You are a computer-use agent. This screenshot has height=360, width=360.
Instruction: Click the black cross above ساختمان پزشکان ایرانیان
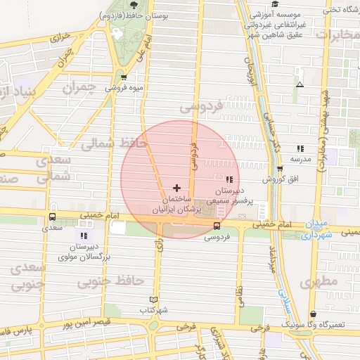click(176, 188)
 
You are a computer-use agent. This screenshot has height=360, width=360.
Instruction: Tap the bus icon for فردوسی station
click(216, 226)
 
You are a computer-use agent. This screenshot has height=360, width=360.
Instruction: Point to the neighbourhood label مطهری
click(319, 281)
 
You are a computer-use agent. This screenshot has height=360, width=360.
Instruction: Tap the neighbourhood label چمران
click(77, 88)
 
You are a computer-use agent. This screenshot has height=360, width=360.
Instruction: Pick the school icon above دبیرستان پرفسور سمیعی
click(226, 179)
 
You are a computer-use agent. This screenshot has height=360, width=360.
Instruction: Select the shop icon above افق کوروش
click(280, 169)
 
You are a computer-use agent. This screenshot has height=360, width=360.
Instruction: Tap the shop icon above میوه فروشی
click(124, 77)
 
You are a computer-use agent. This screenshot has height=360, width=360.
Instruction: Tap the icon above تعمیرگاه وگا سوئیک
click(313, 314)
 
